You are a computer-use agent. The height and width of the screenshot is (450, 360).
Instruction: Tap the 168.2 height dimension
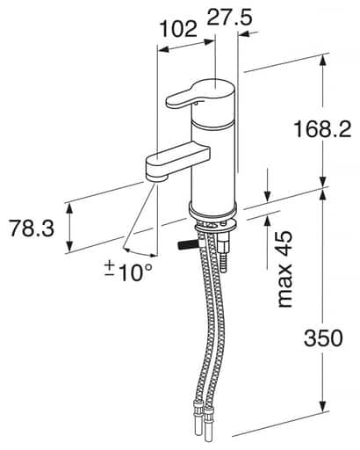click(323, 130)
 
